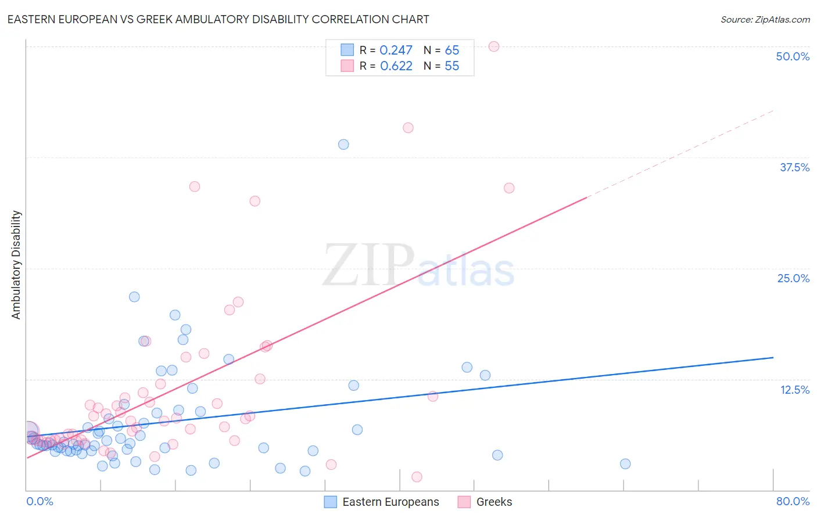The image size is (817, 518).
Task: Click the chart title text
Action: [218, 19]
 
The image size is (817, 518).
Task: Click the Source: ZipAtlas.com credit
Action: [765, 19]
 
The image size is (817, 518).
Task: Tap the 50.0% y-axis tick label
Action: [793, 56]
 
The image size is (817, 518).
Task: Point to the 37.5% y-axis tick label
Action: [794, 167]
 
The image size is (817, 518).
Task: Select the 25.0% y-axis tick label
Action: [793, 278]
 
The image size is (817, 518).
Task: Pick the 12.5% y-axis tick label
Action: [794, 390]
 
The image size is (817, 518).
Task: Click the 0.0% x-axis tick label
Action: [40, 501]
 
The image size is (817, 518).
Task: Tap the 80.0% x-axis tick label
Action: [793, 501]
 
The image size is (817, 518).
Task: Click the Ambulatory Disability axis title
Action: [16, 265]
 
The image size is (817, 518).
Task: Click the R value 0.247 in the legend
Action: [396, 51]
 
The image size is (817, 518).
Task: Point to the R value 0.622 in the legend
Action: [396, 66]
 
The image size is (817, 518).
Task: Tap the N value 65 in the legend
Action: [451, 51]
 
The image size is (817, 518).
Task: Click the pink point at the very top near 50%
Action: [494, 46]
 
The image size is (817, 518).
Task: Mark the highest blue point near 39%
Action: [343, 145]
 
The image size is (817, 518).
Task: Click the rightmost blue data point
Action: [625, 463]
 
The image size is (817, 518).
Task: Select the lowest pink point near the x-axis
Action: [417, 477]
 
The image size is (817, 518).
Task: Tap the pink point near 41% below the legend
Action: [408, 128]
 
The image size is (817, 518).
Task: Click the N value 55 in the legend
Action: [451, 66]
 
